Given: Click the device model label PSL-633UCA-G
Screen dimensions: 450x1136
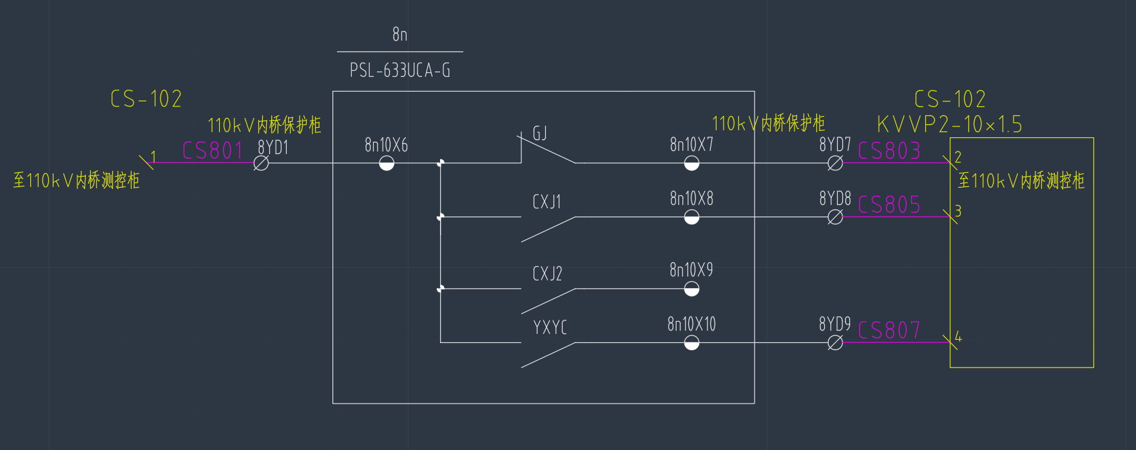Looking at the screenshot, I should pos(400,70).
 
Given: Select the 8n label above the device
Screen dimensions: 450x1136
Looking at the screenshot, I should pos(400,34).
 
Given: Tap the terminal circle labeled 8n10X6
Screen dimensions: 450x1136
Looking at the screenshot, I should pos(387,164).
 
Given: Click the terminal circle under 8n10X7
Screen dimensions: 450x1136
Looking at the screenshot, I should pos(691,164).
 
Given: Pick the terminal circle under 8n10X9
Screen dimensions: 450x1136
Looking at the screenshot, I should pos(691,289).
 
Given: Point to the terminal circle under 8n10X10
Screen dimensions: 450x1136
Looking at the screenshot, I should pos(691,343).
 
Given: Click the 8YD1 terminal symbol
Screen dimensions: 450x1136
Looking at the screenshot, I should pos(261,164).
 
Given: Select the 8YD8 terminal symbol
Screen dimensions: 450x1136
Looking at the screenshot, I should pos(834,218).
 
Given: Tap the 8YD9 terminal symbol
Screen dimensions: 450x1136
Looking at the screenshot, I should pos(834,343).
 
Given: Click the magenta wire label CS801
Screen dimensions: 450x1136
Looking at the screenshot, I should pos(212,151).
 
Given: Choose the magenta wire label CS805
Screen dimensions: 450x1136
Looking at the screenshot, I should pos(889,205).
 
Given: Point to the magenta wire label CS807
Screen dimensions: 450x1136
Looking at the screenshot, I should pos(889,331).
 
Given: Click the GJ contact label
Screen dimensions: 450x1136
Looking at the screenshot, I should pos(540,133).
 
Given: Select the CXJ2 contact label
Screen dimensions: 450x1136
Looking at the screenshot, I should pos(547,274).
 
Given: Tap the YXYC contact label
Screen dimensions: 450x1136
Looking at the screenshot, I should pos(550,328).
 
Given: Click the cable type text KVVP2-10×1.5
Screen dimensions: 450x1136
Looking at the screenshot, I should pos(949,124).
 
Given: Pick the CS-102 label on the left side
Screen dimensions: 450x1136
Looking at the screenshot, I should pos(146,99).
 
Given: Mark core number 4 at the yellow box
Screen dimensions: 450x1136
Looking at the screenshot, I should pos(958,337).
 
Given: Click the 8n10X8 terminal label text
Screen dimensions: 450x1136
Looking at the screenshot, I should pos(691,199).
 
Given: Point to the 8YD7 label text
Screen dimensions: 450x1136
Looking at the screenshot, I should pos(834,145).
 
